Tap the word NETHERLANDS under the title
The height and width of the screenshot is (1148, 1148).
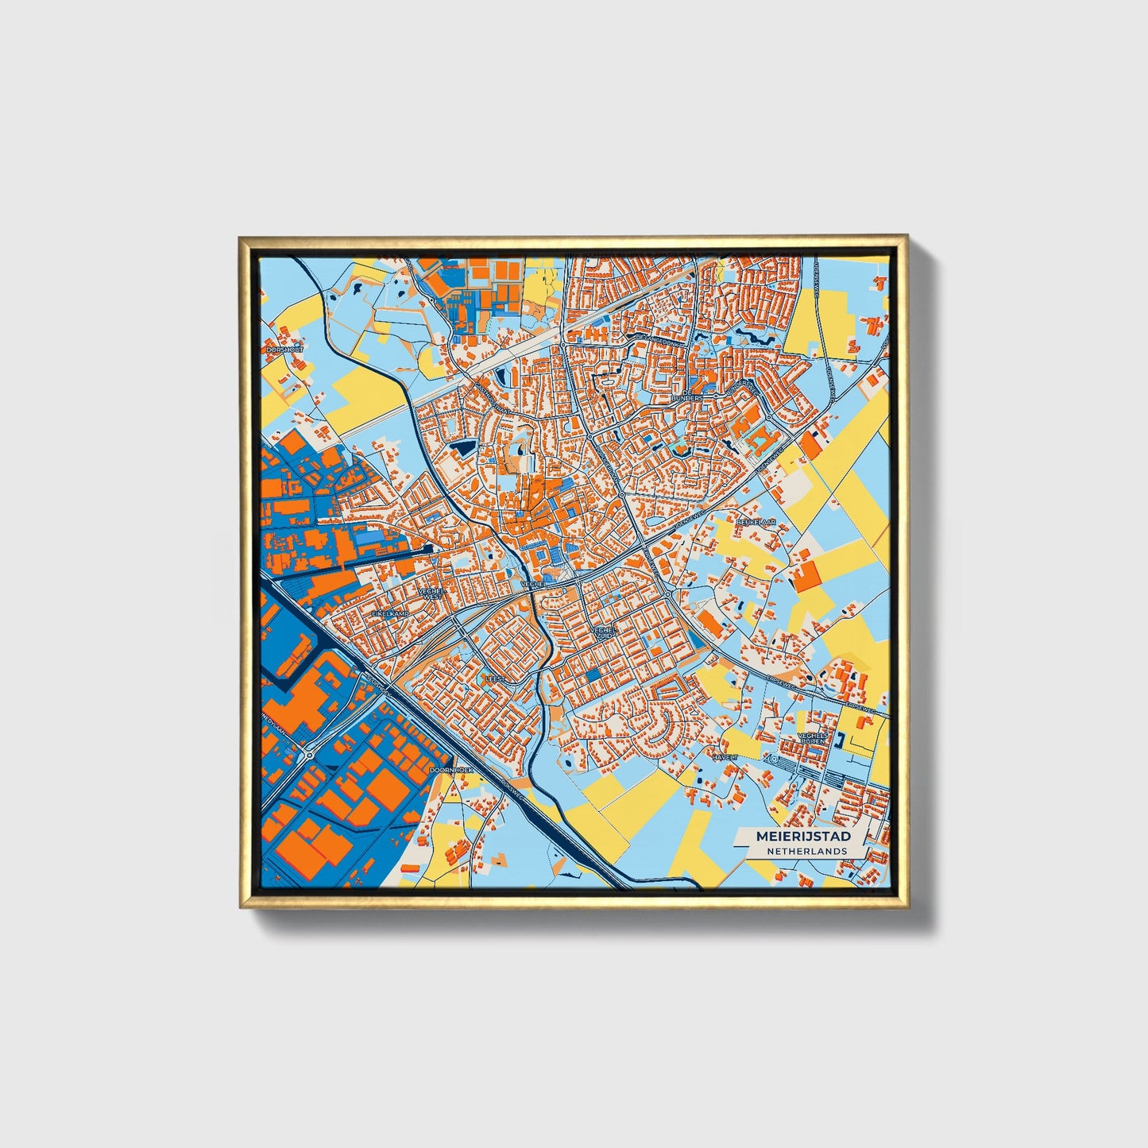[x=806, y=851]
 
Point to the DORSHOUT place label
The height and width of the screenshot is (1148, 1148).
[x=285, y=349]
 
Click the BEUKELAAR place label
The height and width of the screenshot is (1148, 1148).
[x=755, y=522]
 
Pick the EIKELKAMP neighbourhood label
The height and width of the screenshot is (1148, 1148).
[x=390, y=614]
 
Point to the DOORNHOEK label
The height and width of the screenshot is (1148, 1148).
[x=450, y=770]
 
